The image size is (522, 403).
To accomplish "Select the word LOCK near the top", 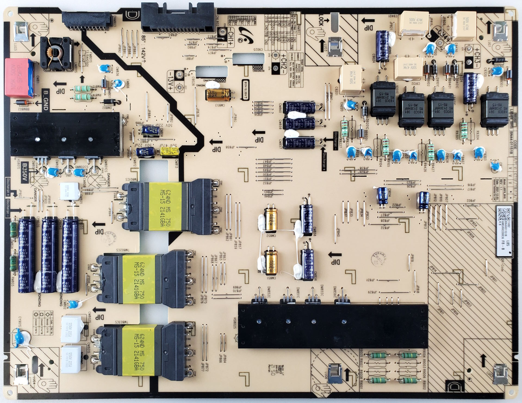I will point(321,20).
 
